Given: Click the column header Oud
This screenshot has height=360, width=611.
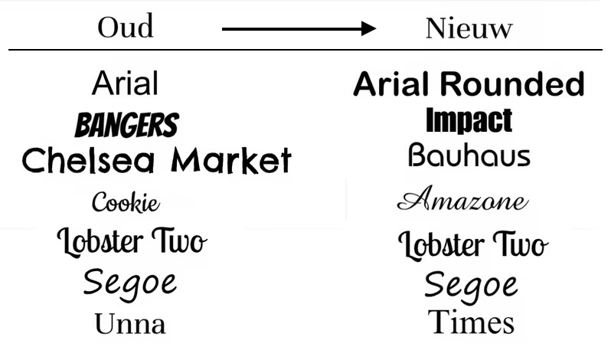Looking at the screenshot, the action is tap(125, 27).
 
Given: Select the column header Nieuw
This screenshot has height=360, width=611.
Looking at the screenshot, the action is tap(469, 28).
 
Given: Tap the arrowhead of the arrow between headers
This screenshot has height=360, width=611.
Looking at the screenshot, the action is tap(368, 28).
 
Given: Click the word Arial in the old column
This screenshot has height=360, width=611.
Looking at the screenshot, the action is tap(125, 83).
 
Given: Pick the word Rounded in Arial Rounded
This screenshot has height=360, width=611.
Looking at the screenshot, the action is tap(512, 83).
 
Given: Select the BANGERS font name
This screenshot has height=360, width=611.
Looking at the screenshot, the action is tap(126, 125).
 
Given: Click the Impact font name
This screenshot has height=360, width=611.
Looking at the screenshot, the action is tap(469, 121).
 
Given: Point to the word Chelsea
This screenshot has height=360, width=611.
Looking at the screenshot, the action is tap(89, 160).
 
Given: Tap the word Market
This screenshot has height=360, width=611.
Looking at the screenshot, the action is tap(231, 160).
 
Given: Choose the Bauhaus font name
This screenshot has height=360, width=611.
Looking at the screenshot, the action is tap(469, 155).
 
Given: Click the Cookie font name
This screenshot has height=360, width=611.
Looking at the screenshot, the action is tap(126, 201).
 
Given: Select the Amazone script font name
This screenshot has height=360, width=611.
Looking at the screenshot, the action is tap(463, 198).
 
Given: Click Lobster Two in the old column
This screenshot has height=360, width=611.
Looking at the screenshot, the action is tap(132, 241).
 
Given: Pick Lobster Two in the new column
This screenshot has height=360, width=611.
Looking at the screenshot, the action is tap(473, 244).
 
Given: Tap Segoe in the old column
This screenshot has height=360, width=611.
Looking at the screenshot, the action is tap(129, 284).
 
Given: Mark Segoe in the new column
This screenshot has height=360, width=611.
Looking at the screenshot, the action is tap(471, 287).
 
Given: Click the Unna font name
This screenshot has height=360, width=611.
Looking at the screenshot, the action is tap(130, 323).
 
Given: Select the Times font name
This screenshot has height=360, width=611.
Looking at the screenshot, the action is tap(471, 322).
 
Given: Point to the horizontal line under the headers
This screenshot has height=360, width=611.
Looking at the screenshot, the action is tap(305, 50).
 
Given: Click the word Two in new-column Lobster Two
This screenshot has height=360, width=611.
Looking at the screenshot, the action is tap(521, 244).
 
